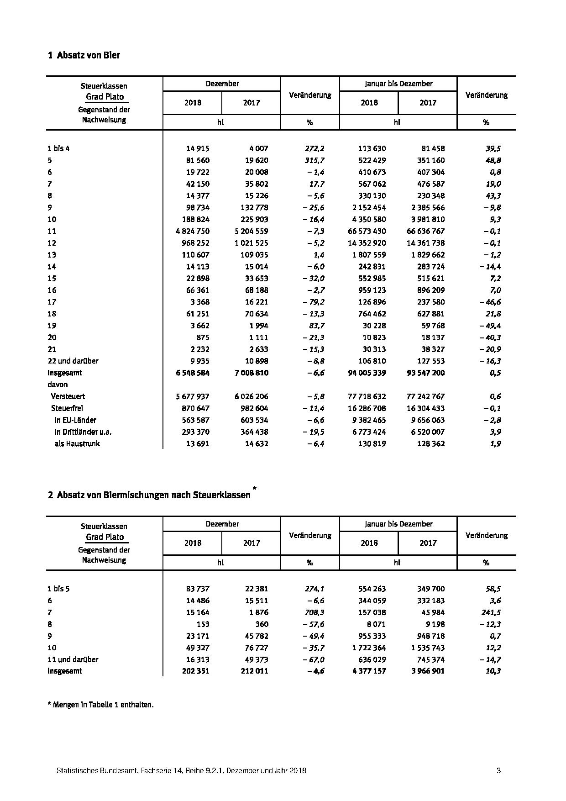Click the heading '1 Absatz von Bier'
point(84,55)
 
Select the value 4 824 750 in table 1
point(189,231)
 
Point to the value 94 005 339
point(367,373)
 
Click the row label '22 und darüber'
point(73,361)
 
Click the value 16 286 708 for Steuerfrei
point(367,408)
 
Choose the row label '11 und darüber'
point(73,659)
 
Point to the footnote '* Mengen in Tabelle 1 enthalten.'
point(100,705)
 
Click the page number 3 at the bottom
point(498,771)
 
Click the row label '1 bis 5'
point(58,589)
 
